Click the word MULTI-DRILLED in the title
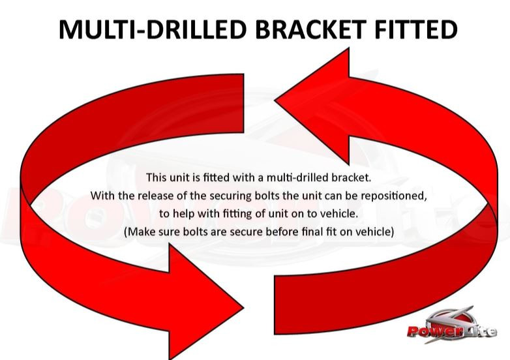pyautogui.click(x=153, y=29)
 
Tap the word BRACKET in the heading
pyautogui.click(x=310, y=29)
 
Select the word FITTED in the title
pyautogui.click(x=416, y=29)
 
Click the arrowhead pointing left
pyautogui.click(x=312, y=106)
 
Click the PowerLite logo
pyautogui.click(x=452, y=326)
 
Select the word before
pyautogui.click(x=282, y=232)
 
